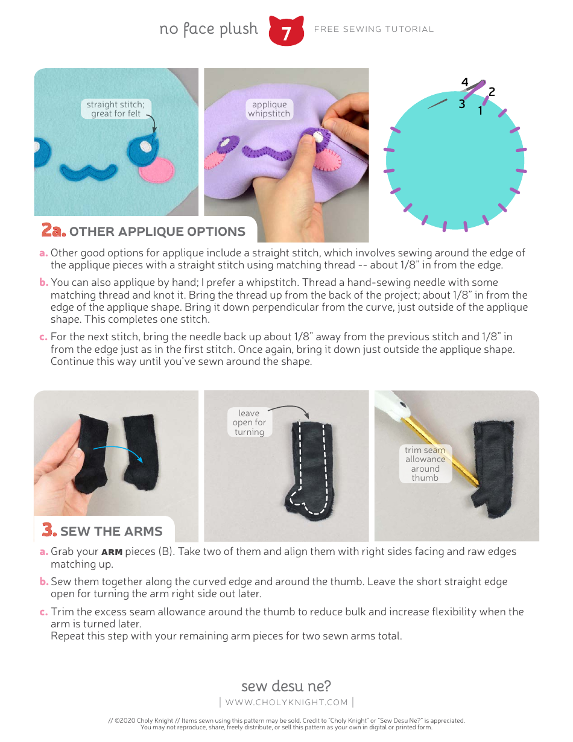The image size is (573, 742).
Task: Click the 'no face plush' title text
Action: pos(208,29)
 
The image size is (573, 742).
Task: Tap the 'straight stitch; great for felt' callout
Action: pos(115,109)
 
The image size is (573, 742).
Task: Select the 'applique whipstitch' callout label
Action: pos(269,109)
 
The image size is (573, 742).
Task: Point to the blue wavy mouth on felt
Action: pos(86,170)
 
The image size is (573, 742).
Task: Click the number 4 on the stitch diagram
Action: pos(464,82)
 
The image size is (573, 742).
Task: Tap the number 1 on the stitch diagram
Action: pos(481,111)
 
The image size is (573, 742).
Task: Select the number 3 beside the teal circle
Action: pos(461,104)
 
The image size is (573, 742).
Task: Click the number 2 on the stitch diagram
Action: pos(492,92)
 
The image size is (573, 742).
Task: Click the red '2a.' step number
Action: pos(52,230)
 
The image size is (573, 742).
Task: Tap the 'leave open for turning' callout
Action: pos(249,422)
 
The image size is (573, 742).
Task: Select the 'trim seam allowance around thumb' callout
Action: pos(425,464)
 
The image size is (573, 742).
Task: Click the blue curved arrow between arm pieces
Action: pos(118,452)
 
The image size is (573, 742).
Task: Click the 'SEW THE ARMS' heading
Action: pos(111,531)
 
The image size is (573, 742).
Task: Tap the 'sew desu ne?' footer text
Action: pos(286,686)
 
